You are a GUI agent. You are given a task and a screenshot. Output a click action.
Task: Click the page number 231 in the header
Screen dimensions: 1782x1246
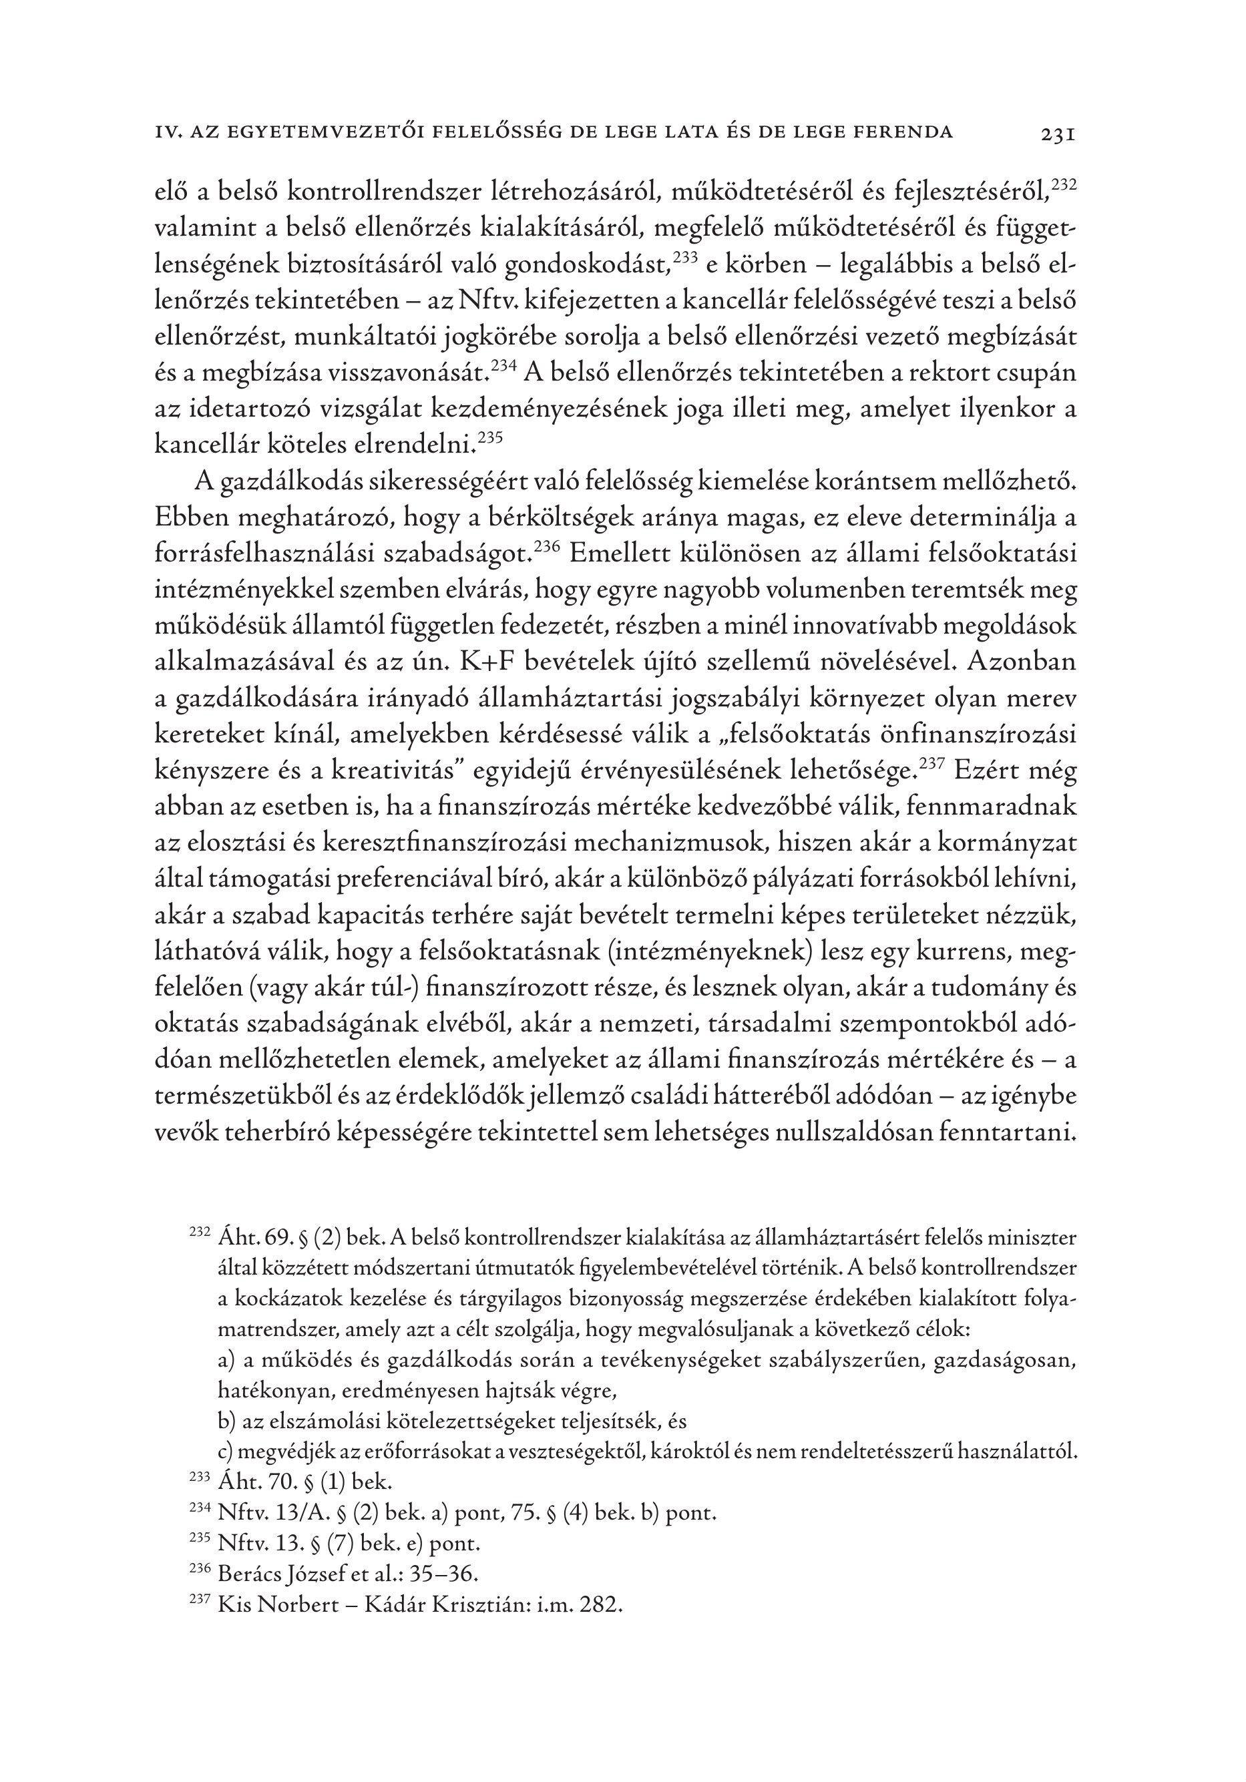tap(1056, 134)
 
